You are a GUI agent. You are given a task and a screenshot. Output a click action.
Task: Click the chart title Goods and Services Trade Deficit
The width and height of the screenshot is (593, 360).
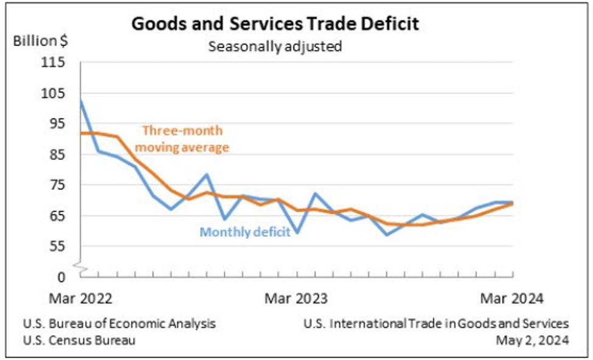click(275, 24)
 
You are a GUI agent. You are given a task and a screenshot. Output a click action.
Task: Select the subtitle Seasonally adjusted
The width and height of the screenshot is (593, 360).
click(275, 46)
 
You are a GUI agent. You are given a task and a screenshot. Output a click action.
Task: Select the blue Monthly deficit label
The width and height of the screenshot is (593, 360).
click(244, 232)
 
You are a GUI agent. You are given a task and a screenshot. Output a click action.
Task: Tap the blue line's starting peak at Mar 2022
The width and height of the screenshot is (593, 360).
click(80, 101)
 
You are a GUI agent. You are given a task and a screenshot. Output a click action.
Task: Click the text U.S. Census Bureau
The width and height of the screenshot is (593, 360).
click(79, 339)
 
